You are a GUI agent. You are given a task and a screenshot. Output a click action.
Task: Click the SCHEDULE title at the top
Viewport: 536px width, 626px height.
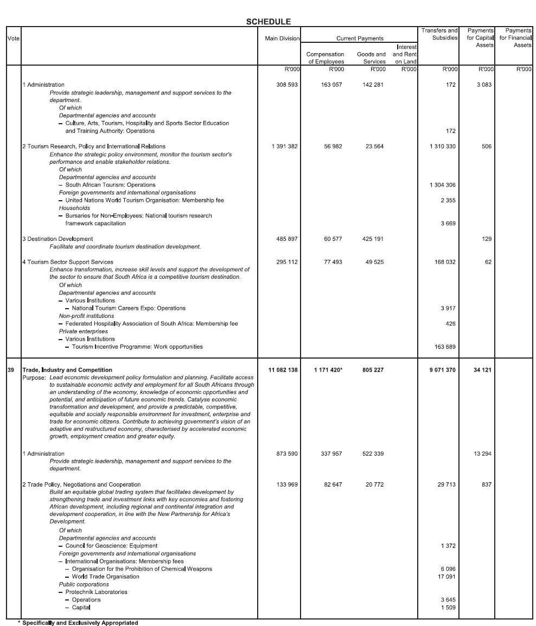(x=268, y=22)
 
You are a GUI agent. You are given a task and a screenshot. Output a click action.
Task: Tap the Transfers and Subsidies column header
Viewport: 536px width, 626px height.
(x=439, y=34)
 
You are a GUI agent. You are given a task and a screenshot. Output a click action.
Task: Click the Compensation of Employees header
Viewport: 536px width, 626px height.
(x=325, y=58)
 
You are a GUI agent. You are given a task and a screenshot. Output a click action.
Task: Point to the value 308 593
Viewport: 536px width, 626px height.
(x=288, y=85)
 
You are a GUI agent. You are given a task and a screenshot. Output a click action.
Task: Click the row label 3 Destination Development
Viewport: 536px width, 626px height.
(x=58, y=239)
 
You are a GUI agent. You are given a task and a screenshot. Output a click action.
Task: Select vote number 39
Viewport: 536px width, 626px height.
(x=11, y=370)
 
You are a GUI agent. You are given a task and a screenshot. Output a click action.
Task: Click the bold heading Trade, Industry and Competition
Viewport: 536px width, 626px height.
(x=67, y=370)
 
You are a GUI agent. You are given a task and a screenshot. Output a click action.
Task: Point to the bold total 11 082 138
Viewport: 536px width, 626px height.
(x=283, y=370)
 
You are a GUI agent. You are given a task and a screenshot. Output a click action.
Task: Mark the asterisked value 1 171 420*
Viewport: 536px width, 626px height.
(x=328, y=370)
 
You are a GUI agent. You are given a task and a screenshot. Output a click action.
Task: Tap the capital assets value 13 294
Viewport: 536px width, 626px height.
(x=482, y=453)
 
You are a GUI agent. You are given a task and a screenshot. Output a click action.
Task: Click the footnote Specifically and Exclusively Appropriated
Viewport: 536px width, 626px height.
(x=80, y=623)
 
